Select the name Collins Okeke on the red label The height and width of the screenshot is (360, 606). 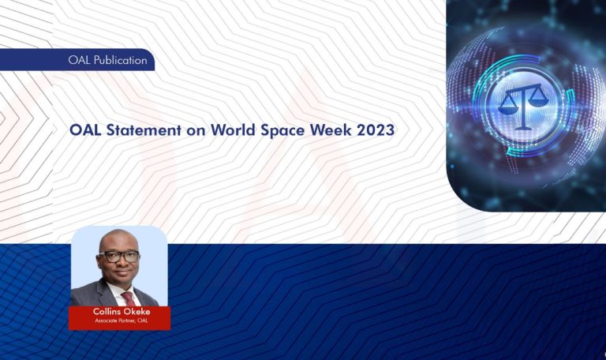click(118, 312)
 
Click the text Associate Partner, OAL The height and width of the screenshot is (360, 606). click(118, 321)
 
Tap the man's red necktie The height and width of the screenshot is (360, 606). click(127, 298)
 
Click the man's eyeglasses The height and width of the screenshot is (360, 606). click(120, 256)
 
